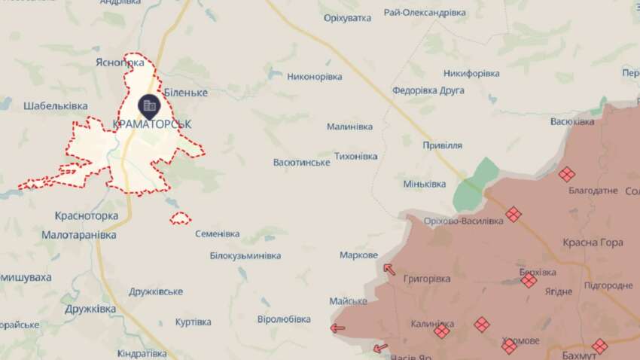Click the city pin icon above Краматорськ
tap(149, 105)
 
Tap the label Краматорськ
tap(151, 124)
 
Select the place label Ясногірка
tap(120, 64)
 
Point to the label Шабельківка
tap(56, 106)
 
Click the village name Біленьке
tap(185, 92)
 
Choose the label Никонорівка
tap(314, 77)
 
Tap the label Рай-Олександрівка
tap(424, 13)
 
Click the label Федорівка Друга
tap(428, 90)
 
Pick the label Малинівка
tap(349, 127)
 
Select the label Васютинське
tap(301, 163)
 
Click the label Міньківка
tap(425, 184)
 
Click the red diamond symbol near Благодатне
tap(566, 174)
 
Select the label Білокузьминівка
tap(245, 256)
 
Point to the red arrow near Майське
tap(337, 328)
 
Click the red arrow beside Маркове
tap(389, 269)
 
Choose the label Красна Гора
tap(588, 243)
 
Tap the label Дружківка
tap(90, 309)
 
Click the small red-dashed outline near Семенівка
tap(179, 218)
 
